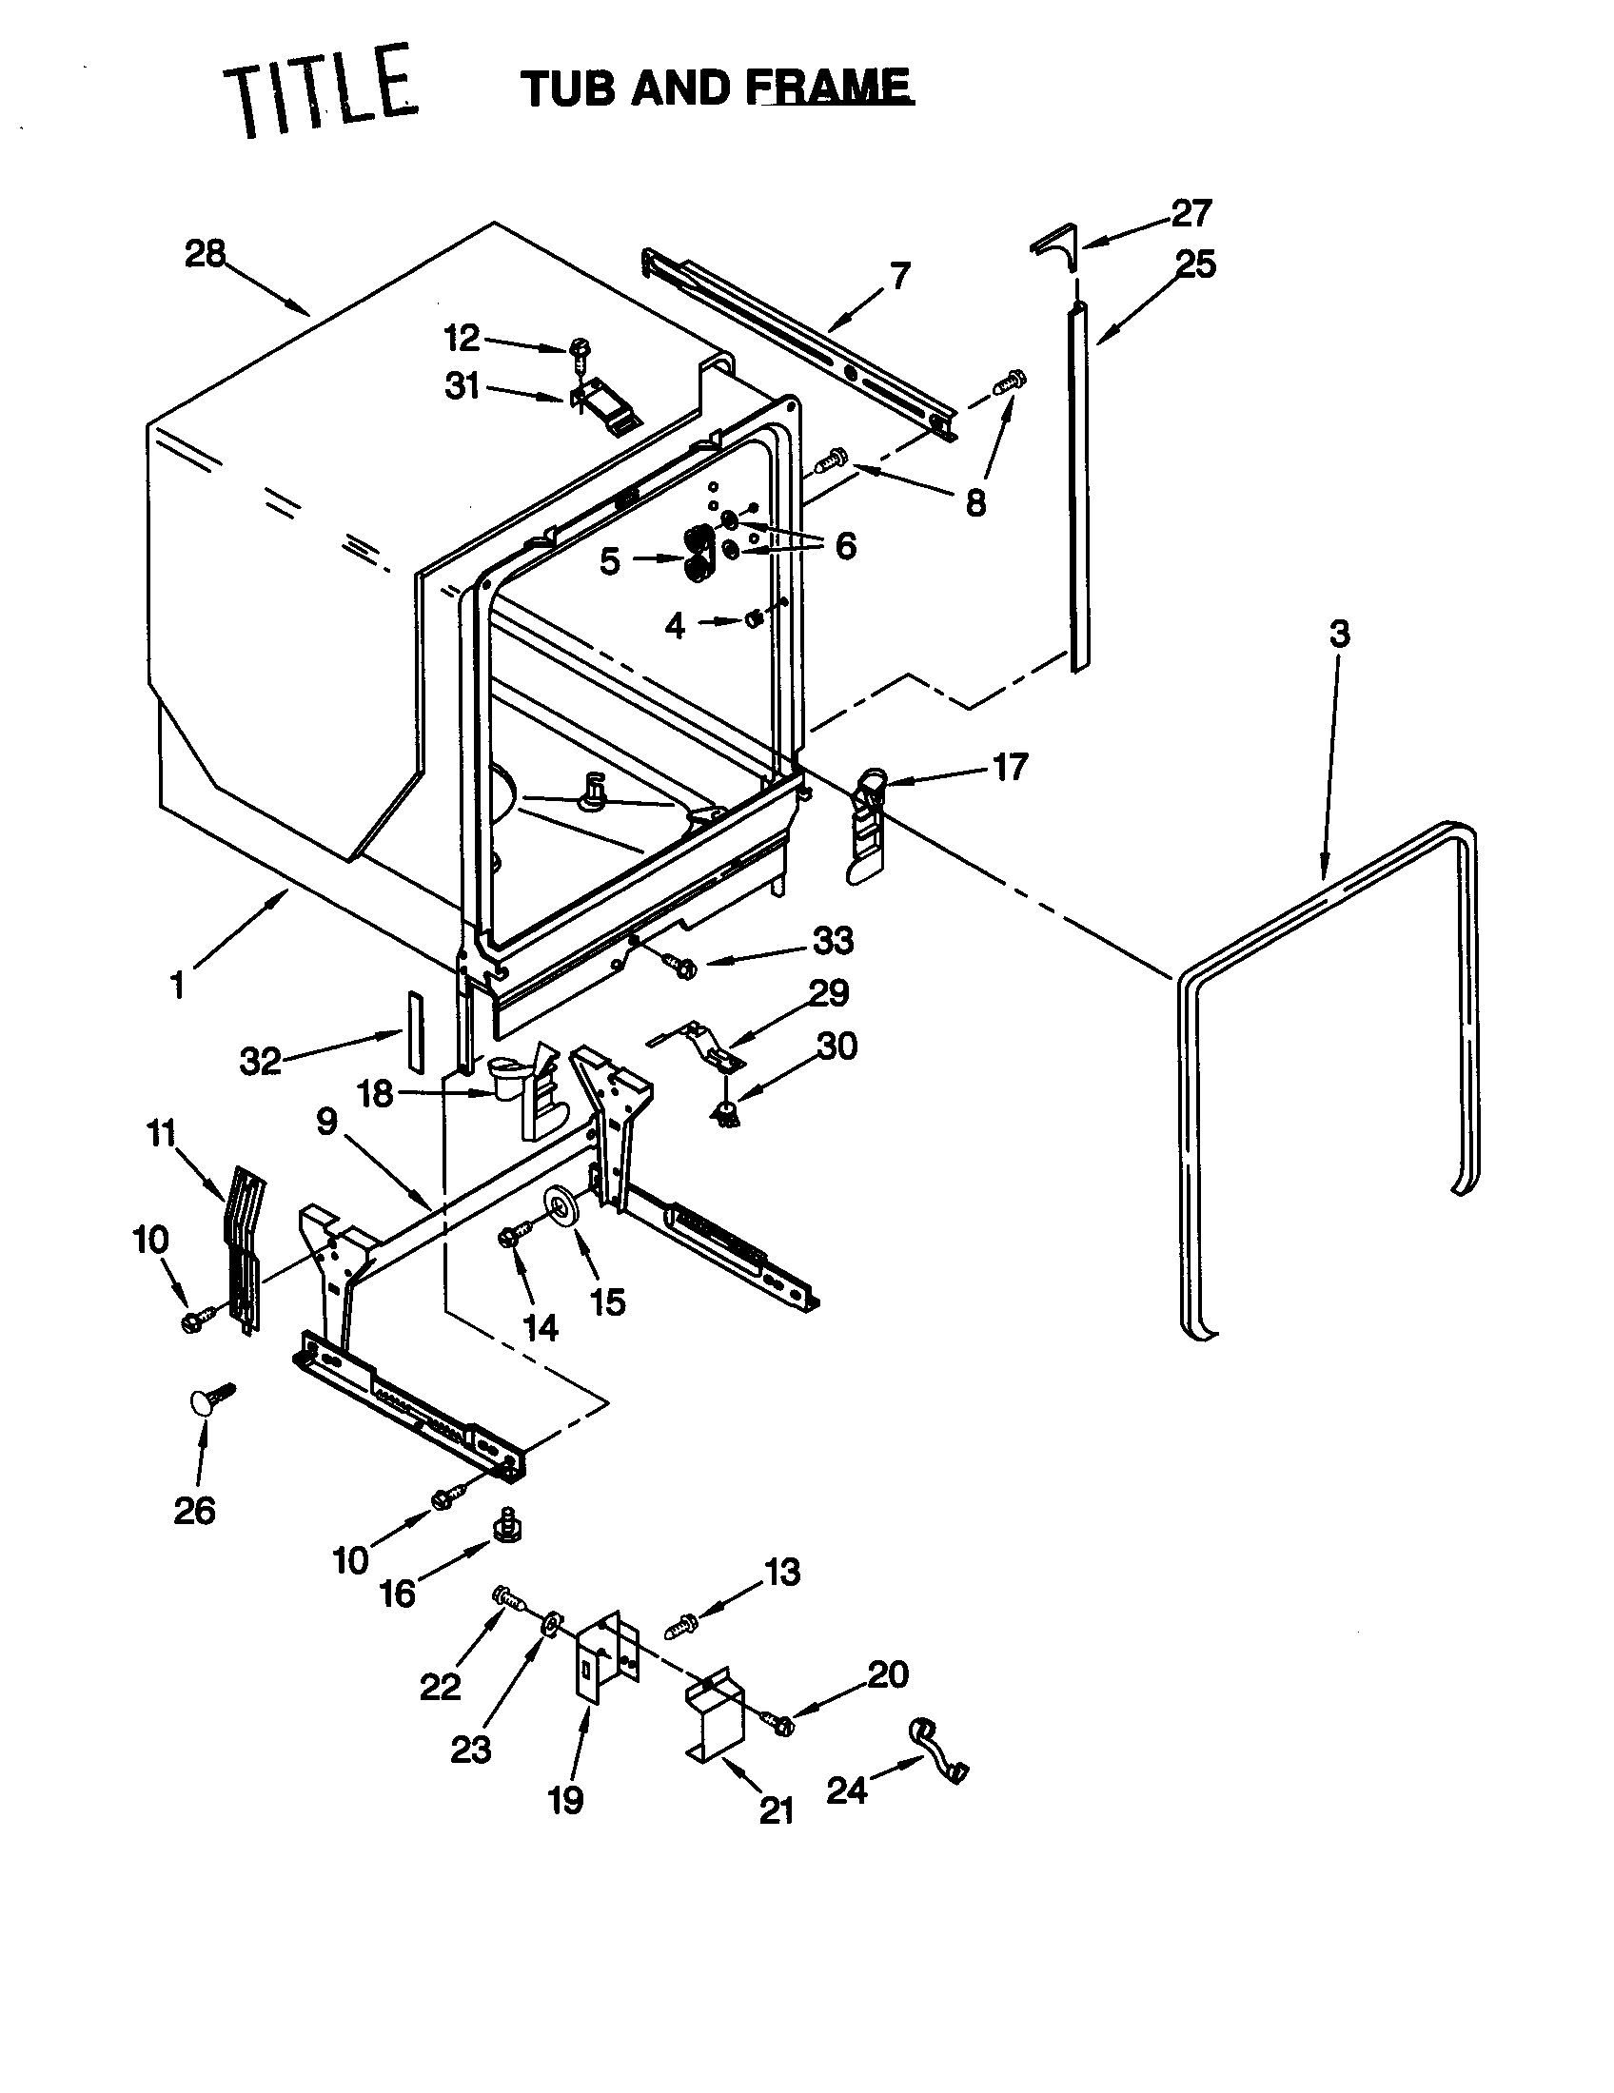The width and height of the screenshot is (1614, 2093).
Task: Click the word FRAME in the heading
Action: pyautogui.click(x=831, y=88)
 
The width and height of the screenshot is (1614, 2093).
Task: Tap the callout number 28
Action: pyautogui.click(x=205, y=254)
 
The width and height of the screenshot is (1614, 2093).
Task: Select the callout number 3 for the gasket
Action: pyautogui.click(x=1339, y=634)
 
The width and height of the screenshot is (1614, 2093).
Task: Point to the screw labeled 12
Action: pyautogui.click(x=580, y=352)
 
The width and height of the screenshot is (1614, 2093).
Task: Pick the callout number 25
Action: pyautogui.click(x=1195, y=264)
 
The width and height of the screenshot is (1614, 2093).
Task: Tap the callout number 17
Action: pyautogui.click(x=1010, y=767)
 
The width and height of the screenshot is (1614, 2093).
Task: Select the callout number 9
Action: pyautogui.click(x=326, y=1122)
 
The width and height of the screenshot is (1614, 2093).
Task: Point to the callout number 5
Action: pyautogui.click(x=610, y=561)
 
